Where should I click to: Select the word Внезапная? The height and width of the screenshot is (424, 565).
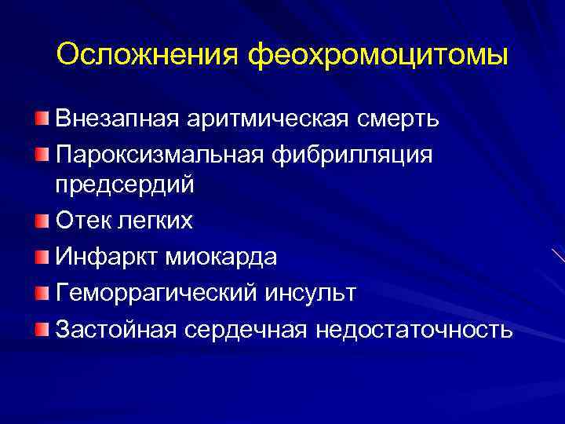click(117, 119)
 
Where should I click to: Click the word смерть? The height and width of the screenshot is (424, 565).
click(401, 119)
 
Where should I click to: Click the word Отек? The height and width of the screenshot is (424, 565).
click(81, 221)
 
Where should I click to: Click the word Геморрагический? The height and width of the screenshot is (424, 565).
click(155, 292)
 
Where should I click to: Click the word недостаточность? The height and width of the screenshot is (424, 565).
click(415, 329)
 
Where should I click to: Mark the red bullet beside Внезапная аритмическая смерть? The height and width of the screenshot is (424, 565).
click(41, 119)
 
